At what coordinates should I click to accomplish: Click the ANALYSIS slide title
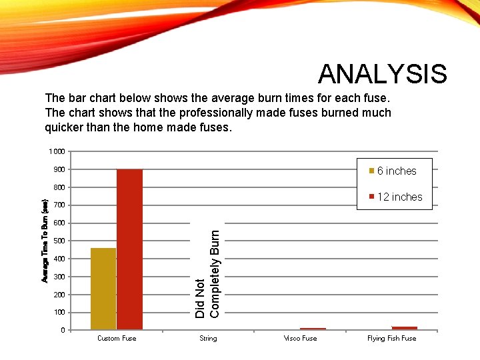(382, 74)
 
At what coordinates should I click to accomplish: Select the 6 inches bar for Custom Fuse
(103, 289)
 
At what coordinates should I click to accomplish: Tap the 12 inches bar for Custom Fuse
(129, 249)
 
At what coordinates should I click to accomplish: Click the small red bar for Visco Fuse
(313, 329)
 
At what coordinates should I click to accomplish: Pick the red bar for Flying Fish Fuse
(405, 328)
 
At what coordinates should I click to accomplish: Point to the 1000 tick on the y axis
(57, 151)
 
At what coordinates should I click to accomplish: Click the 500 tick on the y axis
(59, 241)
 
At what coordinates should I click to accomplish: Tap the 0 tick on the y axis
(63, 330)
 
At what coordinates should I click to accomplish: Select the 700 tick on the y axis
(59, 205)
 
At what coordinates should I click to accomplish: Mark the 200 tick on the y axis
(59, 295)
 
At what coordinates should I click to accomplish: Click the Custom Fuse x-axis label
(117, 339)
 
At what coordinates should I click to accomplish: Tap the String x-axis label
(208, 339)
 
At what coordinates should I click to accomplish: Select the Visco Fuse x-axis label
(300, 339)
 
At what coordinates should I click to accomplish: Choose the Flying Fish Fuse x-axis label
(391, 339)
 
